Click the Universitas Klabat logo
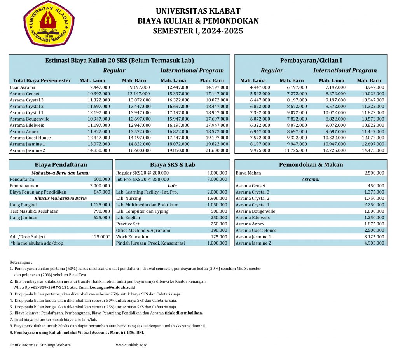click(x=49, y=24)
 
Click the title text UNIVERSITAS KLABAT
click(x=198, y=11)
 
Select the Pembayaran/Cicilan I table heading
click(x=311, y=60)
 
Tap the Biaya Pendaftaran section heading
click(x=61, y=164)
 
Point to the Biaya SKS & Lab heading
click(x=173, y=164)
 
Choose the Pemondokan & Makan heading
click(x=311, y=164)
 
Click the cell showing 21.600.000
click(x=217, y=150)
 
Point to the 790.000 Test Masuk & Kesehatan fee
click(x=102, y=211)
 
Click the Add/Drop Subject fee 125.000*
click(x=100, y=237)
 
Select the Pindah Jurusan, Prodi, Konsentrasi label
click(x=150, y=243)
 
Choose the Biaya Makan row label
click(x=248, y=173)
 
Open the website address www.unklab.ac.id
click(x=131, y=345)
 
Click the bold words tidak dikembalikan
click(x=183, y=313)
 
